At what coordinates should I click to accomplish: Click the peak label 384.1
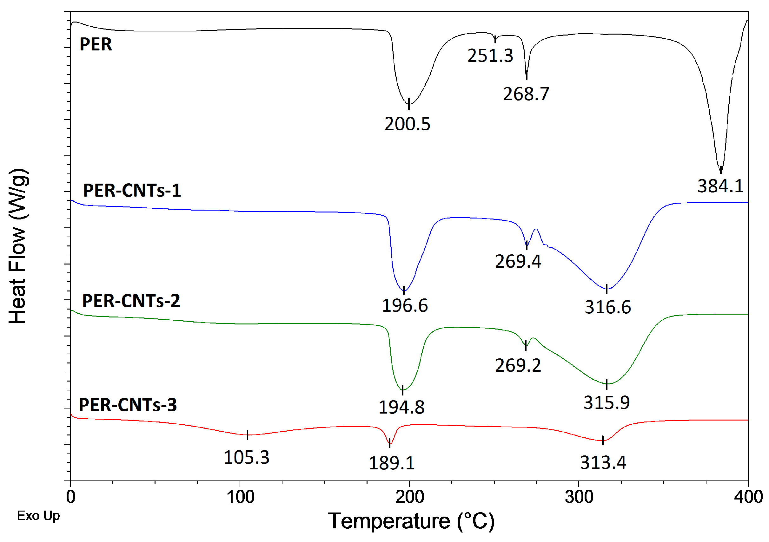(x=720, y=186)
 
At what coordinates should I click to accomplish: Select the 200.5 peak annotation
(x=407, y=124)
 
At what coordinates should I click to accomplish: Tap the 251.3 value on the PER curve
(x=490, y=56)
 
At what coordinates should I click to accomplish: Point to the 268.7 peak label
(x=526, y=94)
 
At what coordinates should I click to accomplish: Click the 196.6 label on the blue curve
(x=405, y=306)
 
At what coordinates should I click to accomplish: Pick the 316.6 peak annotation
(x=607, y=307)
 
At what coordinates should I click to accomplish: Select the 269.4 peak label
(x=518, y=262)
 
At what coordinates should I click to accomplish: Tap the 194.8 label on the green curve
(x=401, y=408)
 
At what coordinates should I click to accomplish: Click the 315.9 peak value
(x=606, y=403)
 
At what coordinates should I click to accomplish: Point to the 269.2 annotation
(x=518, y=366)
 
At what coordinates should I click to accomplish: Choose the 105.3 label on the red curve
(x=246, y=458)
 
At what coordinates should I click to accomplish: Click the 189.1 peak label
(x=392, y=464)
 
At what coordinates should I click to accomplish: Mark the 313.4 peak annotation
(x=603, y=463)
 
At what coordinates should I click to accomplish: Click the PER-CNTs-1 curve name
(x=132, y=191)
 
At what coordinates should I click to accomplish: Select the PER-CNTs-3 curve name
(x=128, y=405)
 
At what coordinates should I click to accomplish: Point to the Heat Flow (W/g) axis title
(x=18, y=246)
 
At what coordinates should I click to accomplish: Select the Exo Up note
(x=38, y=516)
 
